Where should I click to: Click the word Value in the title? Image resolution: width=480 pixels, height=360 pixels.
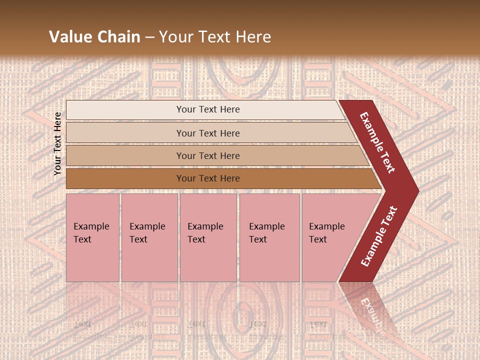pyautogui.click(x=70, y=37)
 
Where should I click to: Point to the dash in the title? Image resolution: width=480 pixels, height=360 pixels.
pyautogui.click(x=149, y=37)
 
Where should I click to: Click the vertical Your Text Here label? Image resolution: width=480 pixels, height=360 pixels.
pyautogui.click(x=57, y=143)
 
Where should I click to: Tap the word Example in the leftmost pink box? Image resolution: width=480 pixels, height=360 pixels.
pyautogui.click(x=91, y=226)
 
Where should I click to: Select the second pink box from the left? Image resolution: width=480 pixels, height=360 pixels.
pyautogui.click(x=149, y=237)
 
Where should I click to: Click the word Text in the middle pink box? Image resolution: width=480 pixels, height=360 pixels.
pyautogui.click(x=196, y=239)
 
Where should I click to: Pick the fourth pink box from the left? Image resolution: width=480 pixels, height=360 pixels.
pyautogui.click(x=269, y=237)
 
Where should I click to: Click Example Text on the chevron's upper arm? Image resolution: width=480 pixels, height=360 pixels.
pyautogui.click(x=377, y=142)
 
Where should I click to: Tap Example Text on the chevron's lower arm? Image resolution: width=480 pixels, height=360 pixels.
pyautogui.click(x=378, y=236)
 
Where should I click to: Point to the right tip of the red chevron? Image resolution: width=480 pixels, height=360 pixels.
pyautogui.click(x=417, y=190)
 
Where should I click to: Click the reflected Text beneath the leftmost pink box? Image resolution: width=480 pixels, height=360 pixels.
pyautogui.click(x=82, y=324)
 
